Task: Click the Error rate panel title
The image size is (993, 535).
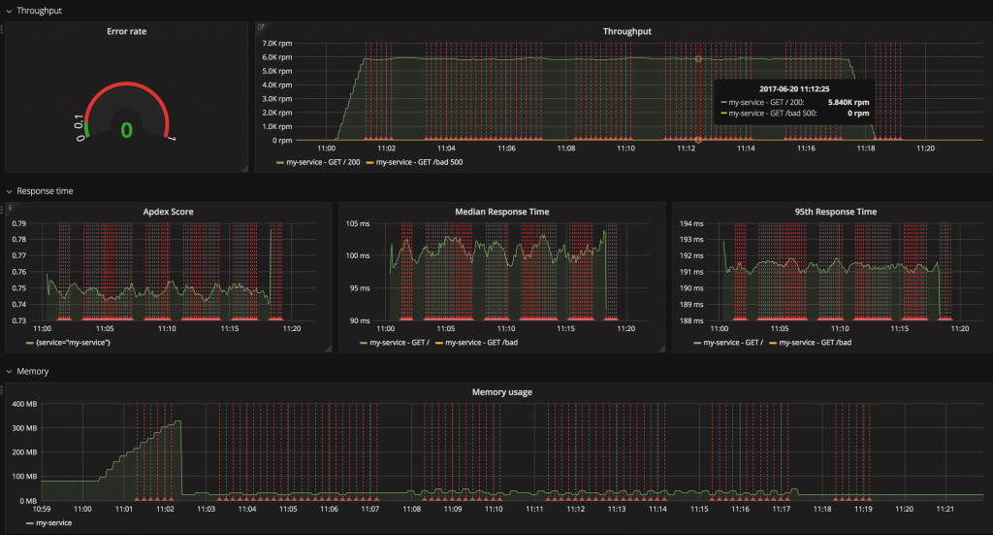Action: pyautogui.click(x=127, y=31)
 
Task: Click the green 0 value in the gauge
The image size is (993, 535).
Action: pyautogui.click(x=126, y=129)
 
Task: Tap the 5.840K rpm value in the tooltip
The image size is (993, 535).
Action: pyautogui.click(x=846, y=101)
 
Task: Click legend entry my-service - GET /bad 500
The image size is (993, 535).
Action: pyautogui.click(x=419, y=162)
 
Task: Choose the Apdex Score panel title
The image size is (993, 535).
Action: pyautogui.click(x=169, y=211)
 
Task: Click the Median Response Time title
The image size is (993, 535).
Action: pyautogui.click(x=501, y=211)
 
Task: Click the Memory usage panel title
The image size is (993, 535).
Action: pyautogui.click(x=501, y=391)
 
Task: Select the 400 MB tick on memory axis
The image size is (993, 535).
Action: pyautogui.click(x=23, y=404)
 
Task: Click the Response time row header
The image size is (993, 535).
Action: pyautogui.click(x=45, y=191)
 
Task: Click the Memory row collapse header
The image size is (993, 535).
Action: pyautogui.click(x=32, y=371)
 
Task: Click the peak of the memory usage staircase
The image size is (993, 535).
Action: pyautogui.click(x=177, y=421)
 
